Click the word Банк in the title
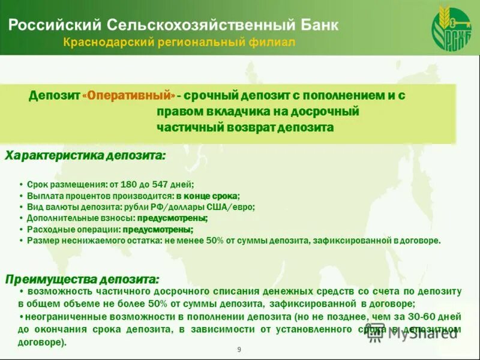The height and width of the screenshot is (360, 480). click(319, 25)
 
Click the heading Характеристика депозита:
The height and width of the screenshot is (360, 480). click(85, 156)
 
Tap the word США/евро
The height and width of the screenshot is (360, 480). click(235, 207)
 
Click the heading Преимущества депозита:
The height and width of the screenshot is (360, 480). click(82, 279)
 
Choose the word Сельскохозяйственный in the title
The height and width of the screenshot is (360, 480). click(200, 25)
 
